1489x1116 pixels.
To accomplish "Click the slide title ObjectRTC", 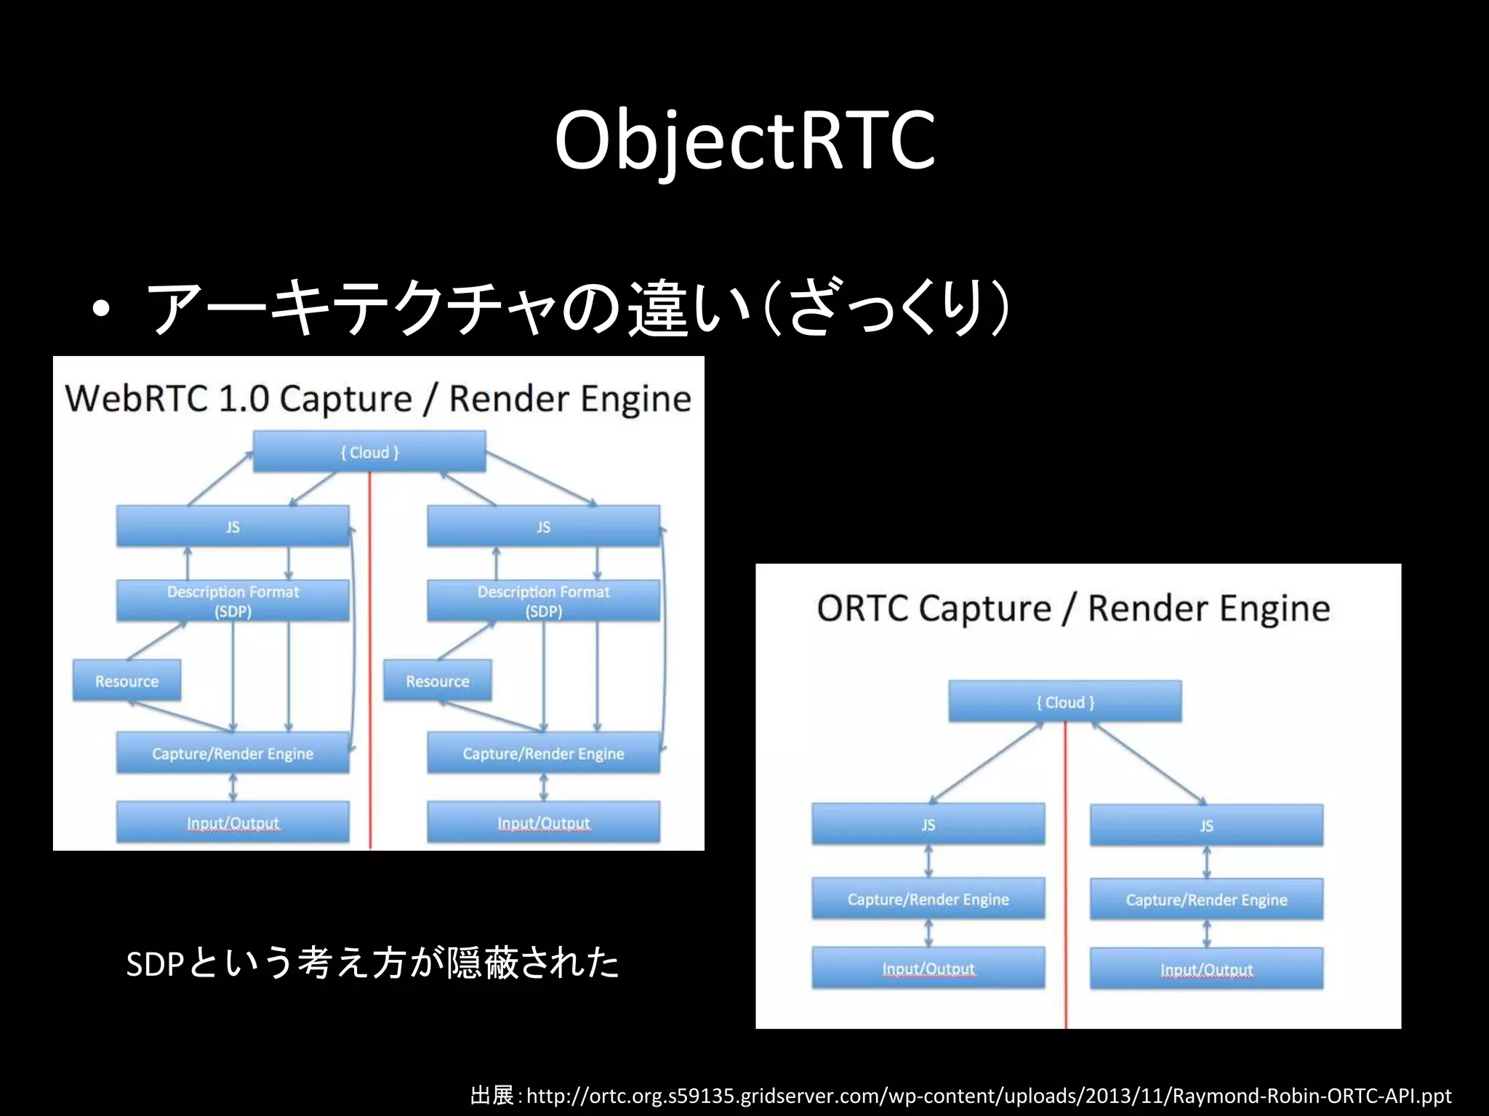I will click(744, 139).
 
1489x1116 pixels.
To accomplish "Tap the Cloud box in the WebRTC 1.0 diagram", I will click(369, 452).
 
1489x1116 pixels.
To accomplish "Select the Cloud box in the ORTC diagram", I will click(1065, 702).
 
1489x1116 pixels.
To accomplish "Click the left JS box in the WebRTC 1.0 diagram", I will click(233, 527).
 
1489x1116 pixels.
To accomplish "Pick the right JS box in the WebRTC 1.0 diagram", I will click(543, 527).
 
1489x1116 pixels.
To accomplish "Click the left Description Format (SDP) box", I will click(233, 601).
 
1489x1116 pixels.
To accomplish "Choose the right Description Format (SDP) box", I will click(543, 601).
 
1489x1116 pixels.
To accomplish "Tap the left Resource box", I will click(127, 681).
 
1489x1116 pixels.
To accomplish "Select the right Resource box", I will click(437, 681).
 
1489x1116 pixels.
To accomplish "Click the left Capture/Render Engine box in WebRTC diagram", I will click(233, 753).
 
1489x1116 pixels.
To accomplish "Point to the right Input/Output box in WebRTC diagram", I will click(543, 822).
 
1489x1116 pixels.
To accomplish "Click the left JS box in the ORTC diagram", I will click(928, 825).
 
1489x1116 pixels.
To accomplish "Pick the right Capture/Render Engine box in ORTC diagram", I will click(1206, 899).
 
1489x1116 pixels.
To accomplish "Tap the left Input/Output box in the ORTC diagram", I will click(928, 969).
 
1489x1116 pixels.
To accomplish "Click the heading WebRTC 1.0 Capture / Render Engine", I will click(378, 399).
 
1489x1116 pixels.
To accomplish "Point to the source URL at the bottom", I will click(988, 1095).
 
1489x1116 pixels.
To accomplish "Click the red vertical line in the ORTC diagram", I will click(1066, 872).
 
